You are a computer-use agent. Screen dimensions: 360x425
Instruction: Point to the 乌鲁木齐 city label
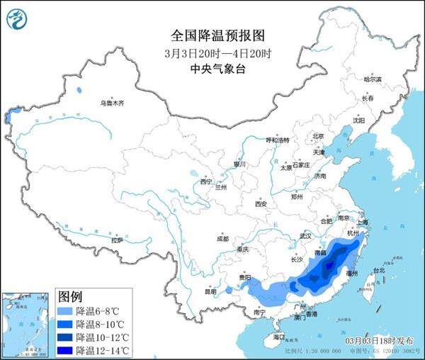pos(111,104)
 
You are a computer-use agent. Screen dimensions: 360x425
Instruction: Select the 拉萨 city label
pos(116,240)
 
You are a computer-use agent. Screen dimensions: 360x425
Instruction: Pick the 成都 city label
pos(222,238)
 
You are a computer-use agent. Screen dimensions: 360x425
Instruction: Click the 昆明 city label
pos(210,291)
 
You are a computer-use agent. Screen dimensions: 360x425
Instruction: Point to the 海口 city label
pos(279,337)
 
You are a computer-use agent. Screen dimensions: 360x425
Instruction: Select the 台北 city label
pos(378,270)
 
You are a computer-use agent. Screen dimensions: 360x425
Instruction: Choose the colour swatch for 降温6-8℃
pos(65,311)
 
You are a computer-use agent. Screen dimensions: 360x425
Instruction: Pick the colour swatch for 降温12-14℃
pos(65,350)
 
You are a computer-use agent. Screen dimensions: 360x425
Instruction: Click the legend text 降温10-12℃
pos(103,337)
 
